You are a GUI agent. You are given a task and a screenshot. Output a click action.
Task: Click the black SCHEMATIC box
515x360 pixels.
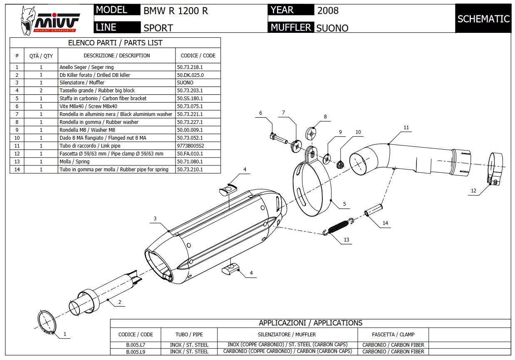[483, 19]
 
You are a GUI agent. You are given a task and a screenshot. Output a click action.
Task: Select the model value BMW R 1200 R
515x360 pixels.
[176, 11]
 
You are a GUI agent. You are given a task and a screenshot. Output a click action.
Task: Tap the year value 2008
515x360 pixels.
[328, 11]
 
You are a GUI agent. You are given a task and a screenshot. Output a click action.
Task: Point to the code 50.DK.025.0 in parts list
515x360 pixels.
[190, 75]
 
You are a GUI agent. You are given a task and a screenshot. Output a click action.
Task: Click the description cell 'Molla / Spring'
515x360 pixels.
[74, 161]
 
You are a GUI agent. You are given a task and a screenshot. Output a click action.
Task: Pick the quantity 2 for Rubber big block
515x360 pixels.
[41, 90]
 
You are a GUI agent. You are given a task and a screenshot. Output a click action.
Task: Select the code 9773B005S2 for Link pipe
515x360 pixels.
[190, 146]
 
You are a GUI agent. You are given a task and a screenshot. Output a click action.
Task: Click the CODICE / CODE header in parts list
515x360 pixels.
[198, 55]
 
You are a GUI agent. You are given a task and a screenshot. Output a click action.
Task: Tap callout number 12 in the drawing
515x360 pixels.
[473, 191]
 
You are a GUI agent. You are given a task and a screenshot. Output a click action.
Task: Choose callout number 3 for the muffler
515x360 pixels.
[155, 218]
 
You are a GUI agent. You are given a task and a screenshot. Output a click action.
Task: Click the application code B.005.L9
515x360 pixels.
[136, 351]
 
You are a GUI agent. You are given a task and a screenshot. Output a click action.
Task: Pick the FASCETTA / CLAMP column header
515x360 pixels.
[393, 334]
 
